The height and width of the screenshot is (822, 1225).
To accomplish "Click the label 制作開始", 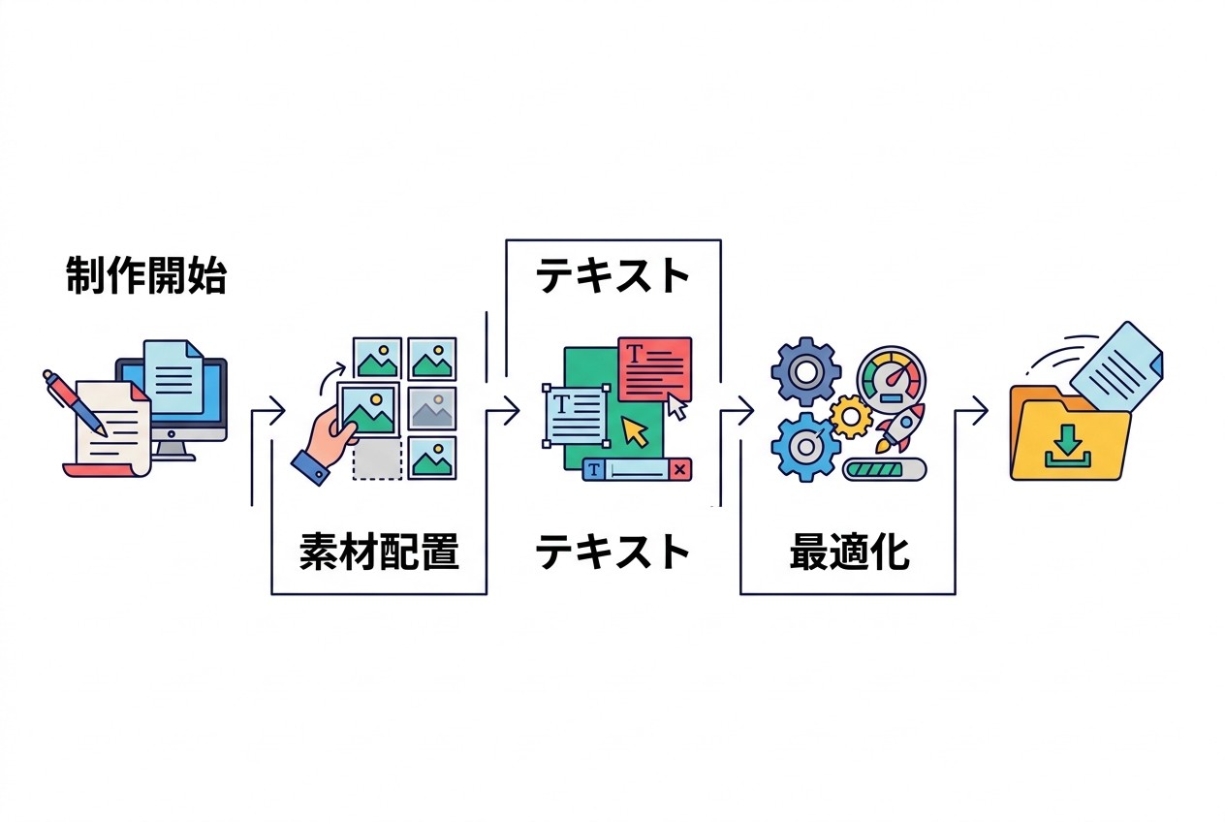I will click(145, 277).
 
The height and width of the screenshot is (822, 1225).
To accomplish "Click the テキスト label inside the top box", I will click(612, 277).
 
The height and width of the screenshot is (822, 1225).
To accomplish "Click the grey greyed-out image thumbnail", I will click(432, 409).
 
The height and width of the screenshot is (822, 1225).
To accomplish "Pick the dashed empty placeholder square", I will click(377, 460).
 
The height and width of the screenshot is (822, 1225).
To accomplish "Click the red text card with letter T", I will click(655, 367).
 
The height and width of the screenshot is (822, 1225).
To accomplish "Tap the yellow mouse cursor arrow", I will click(636, 431).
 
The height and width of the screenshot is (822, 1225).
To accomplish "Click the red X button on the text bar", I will click(680, 470).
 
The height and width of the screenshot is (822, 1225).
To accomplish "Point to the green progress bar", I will click(884, 470).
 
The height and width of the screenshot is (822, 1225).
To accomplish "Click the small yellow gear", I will click(851, 417).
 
